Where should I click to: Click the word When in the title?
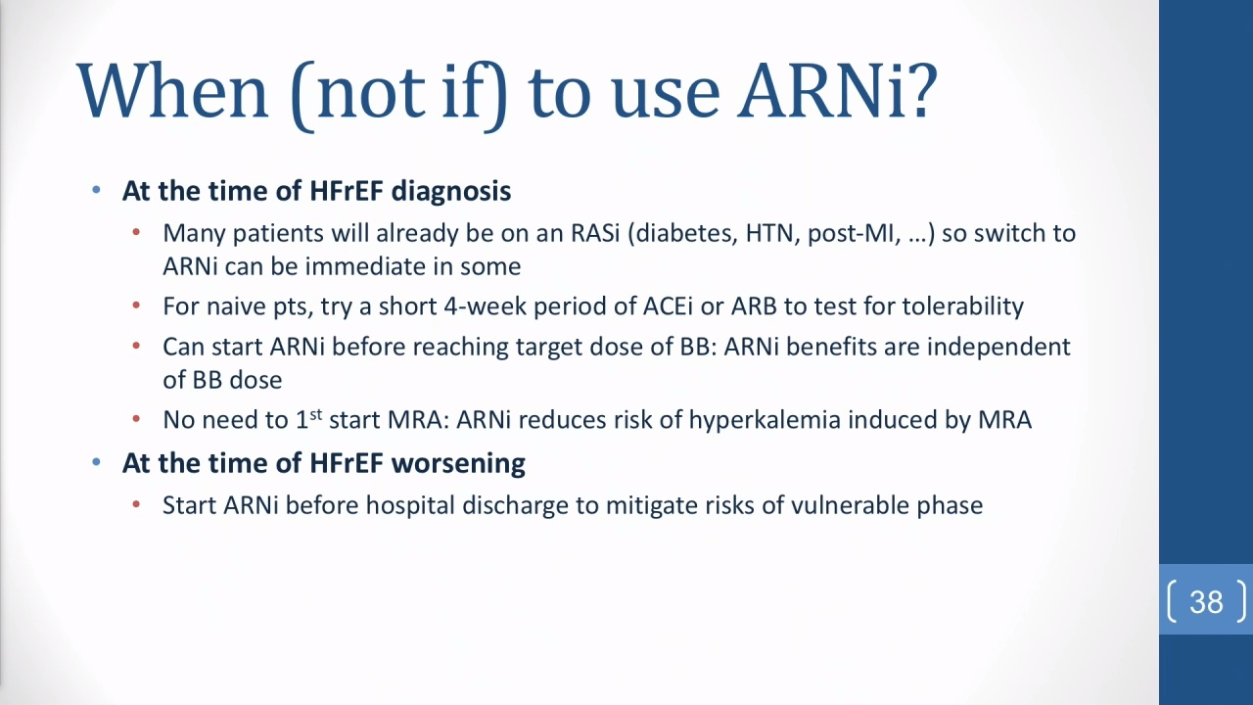(x=172, y=91)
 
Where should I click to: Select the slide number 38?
(x=1207, y=602)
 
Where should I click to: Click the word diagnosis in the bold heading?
(x=451, y=191)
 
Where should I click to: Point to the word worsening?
(x=458, y=463)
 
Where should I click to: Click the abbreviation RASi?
(x=595, y=233)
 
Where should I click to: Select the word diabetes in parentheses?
(x=683, y=233)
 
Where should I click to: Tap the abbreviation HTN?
(x=769, y=233)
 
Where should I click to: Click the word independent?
(x=998, y=348)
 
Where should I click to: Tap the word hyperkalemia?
(x=765, y=420)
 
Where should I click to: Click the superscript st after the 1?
(x=316, y=414)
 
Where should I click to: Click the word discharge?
(x=515, y=506)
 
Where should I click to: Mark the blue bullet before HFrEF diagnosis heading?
(x=96, y=190)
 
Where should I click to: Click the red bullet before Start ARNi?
(x=136, y=504)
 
